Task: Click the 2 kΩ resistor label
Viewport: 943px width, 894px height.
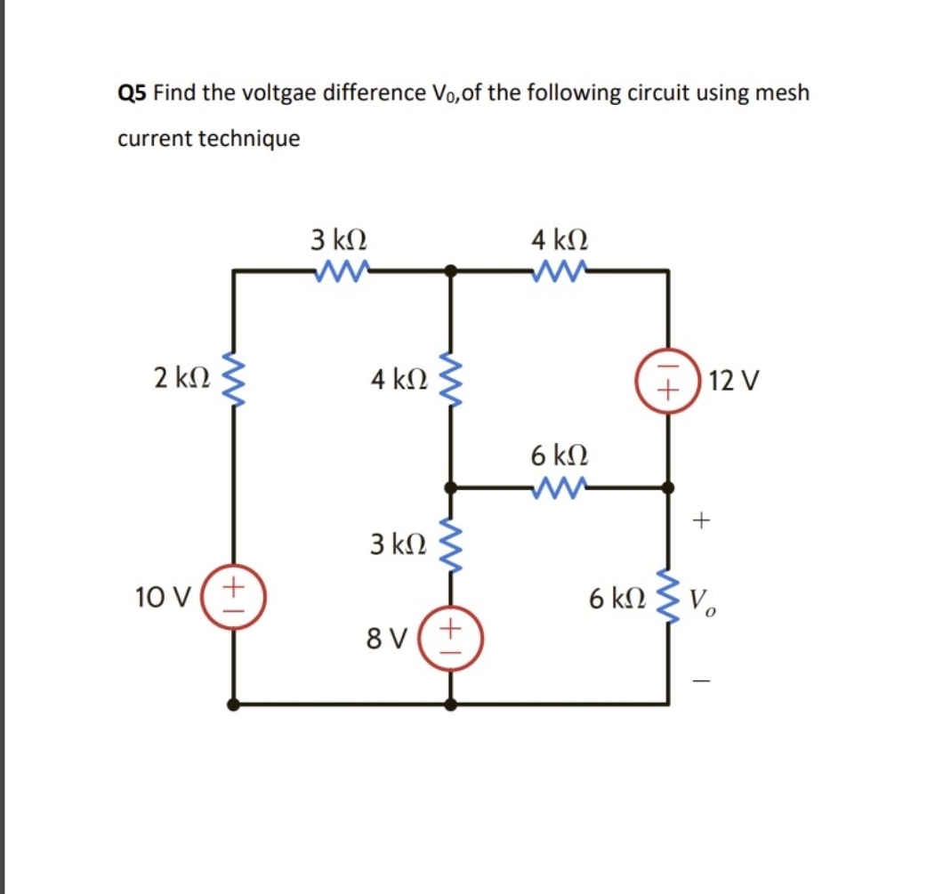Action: click(x=181, y=379)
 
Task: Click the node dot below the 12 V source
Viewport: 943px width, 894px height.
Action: click(x=669, y=487)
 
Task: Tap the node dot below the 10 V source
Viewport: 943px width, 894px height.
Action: click(x=234, y=705)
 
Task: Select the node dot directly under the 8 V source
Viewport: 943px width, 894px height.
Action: click(x=451, y=705)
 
